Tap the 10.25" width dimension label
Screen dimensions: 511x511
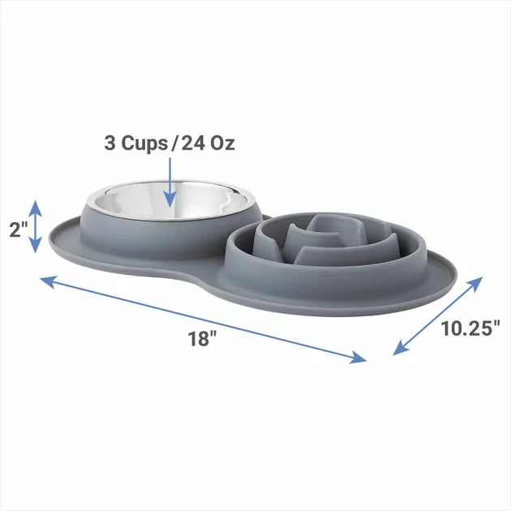click(x=470, y=328)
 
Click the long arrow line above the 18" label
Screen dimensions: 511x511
click(x=203, y=318)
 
